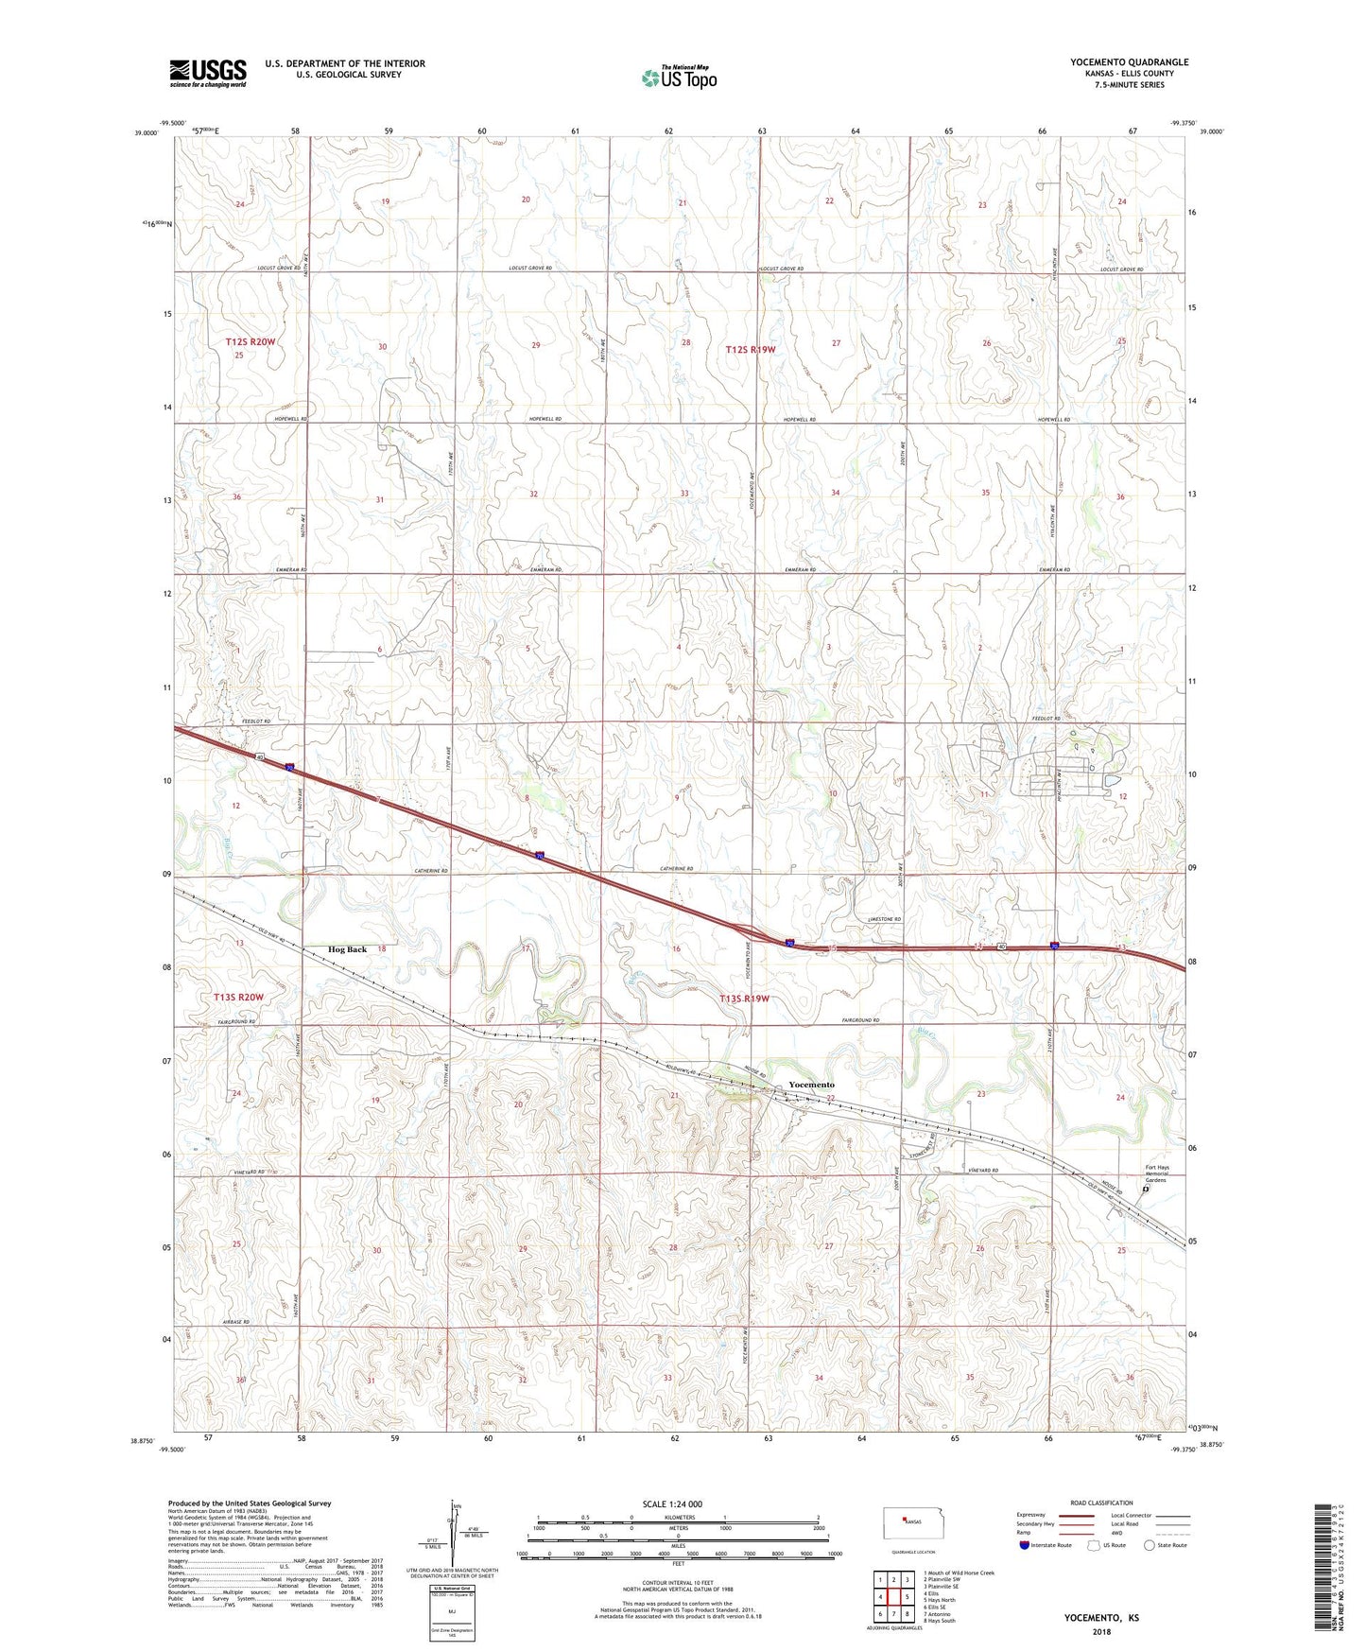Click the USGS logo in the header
(x=208, y=73)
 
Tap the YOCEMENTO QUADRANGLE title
(x=1129, y=62)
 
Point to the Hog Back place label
(x=347, y=948)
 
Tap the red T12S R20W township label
(x=251, y=341)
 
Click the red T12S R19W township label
(x=750, y=349)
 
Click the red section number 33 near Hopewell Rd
(x=683, y=494)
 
